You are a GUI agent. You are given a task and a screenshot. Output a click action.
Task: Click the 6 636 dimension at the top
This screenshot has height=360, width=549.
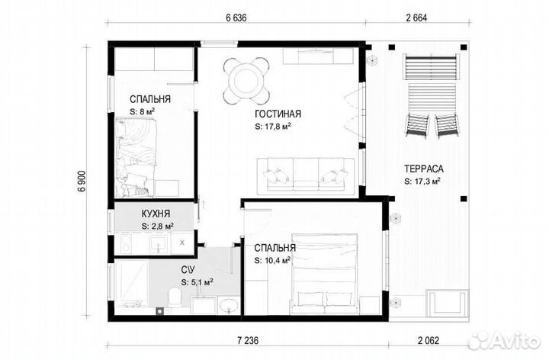236,18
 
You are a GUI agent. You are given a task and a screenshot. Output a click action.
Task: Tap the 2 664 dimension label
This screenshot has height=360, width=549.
416,18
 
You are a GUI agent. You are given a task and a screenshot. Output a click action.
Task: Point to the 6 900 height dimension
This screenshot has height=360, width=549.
82,181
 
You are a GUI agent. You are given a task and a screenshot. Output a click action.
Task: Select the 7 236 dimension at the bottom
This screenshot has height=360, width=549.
248,340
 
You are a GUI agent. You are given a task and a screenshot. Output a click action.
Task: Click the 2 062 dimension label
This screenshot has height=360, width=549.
429,340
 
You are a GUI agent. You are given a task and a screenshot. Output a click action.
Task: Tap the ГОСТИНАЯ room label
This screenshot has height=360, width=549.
278,114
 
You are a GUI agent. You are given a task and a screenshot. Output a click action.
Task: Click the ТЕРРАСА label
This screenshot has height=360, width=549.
424,169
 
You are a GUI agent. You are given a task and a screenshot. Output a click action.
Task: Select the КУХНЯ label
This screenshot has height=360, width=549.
156,214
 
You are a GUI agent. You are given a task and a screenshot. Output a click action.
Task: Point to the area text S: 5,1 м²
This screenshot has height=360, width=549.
197,282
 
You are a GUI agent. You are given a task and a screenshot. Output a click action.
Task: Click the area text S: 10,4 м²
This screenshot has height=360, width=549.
272,260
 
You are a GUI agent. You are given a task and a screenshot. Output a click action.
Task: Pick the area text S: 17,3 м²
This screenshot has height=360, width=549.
422,182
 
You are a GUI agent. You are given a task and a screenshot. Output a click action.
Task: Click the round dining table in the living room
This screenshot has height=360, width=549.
246,81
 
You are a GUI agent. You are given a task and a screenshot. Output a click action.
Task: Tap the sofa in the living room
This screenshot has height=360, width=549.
306,175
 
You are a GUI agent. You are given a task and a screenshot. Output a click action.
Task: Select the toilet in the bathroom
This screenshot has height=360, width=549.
175,297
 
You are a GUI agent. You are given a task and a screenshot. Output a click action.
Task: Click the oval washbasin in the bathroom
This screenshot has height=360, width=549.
229,305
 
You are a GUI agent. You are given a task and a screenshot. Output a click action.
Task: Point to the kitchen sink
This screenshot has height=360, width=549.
159,243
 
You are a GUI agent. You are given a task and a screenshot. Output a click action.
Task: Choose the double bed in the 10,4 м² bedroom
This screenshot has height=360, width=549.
324,274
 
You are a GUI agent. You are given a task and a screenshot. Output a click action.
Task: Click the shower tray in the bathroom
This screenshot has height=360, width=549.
131,283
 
